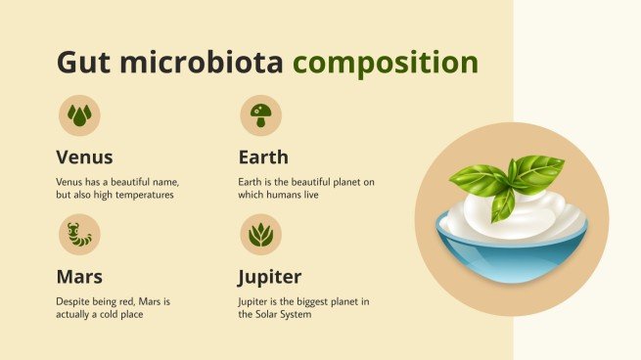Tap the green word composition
coord(386,64)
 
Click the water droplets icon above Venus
coord(78,115)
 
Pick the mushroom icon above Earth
coord(261,115)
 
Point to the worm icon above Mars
coord(78,235)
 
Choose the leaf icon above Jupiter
coord(261,235)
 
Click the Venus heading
coord(84,157)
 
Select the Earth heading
coord(263,157)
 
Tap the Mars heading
coord(79,276)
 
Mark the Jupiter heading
coord(270,276)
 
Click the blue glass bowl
coord(512,256)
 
